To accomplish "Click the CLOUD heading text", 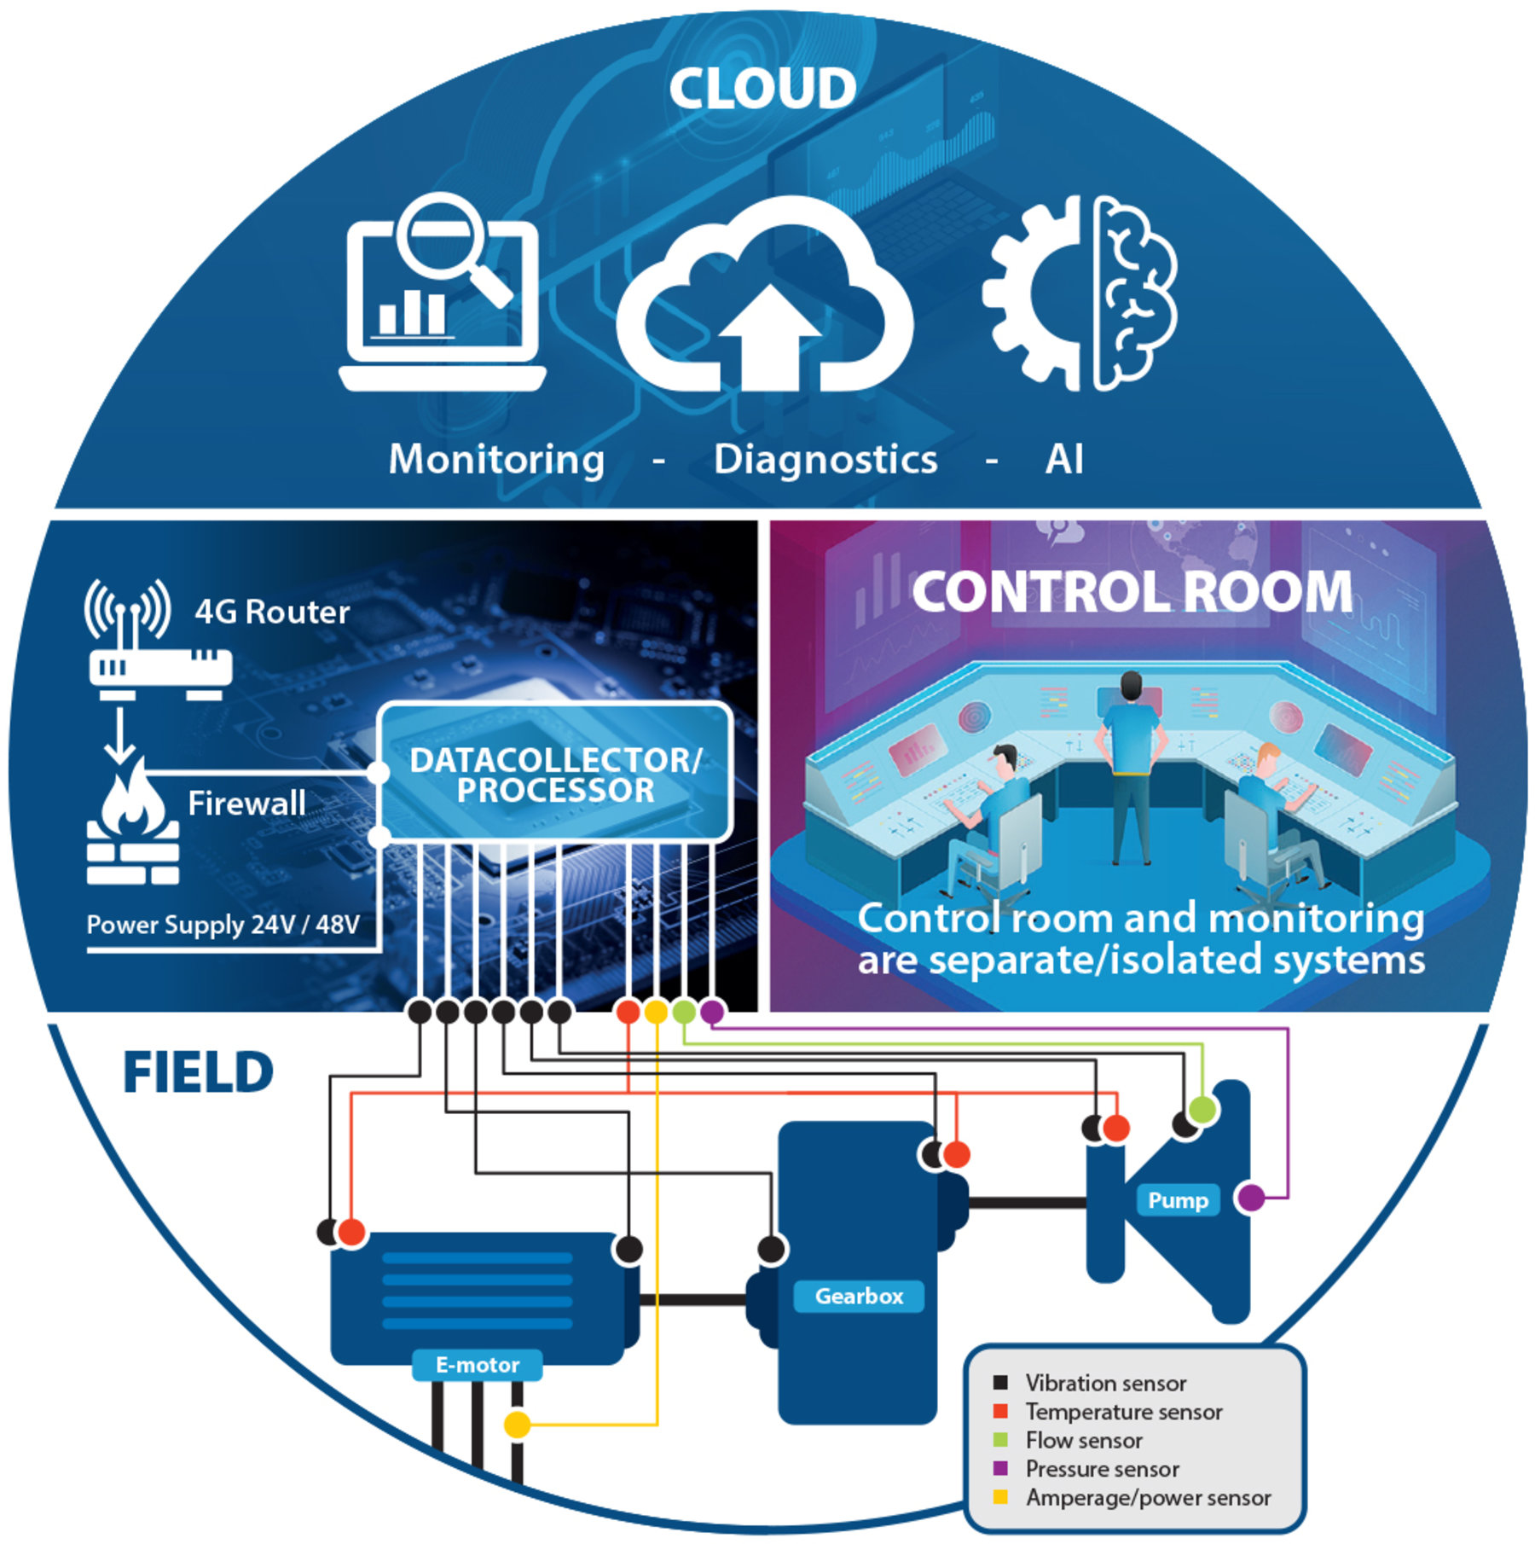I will pyautogui.click(x=762, y=88).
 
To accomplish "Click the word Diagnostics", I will pyautogui.click(x=825, y=460).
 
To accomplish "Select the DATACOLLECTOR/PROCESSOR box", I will pyautogui.click(x=555, y=774).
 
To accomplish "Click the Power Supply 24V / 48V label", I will pyautogui.click(x=223, y=925).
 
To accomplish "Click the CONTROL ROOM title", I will pyautogui.click(x=1132, y=592).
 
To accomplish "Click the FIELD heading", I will pyautogui.click(x=198, y=1072).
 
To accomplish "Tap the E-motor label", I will pyautogui.click(x=477, y=1365).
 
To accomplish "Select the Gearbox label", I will pyautogui.click(x=858, y=1296).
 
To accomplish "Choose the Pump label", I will pyautogui.click(x=1178, y=1200).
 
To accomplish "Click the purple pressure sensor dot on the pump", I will pyautogui.click(x=1250, y=1198).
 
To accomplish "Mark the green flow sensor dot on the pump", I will pyautogui.click(x=1202, y=1110).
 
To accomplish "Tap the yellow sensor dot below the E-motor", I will pyautogui.click(x=517, y=1424).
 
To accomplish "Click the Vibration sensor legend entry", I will pyautogui.click(x=1104, y=1383).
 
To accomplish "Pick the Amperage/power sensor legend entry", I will pyautogui.click(x=1147, y=1498).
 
